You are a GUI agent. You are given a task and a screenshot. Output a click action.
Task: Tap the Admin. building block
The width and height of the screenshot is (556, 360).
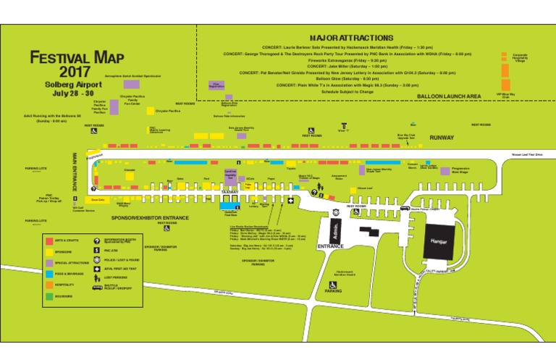(x=334, y=231)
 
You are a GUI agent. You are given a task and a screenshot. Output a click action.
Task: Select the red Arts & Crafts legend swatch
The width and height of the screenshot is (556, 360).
(x=49, y=240)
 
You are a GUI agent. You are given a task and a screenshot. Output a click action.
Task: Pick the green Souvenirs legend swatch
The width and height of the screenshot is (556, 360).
(x=49, y=296)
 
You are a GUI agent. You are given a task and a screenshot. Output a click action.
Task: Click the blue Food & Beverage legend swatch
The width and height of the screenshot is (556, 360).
(x=49, y=274)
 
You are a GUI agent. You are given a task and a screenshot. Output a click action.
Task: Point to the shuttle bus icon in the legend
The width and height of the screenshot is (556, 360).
(x=96, y=288)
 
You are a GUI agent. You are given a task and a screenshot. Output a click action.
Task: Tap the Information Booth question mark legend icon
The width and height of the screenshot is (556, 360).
(x=96, y=240)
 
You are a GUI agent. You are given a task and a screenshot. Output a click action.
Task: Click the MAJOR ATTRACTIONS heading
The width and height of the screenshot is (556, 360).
(x=351, y=38)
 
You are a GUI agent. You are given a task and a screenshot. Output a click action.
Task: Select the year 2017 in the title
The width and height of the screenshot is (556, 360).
(x=75, y=72)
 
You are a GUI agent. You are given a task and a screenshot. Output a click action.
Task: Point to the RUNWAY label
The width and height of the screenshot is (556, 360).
(x=442, y=137)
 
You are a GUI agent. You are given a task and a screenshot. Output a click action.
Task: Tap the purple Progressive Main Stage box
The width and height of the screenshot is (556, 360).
(x=445, y=170)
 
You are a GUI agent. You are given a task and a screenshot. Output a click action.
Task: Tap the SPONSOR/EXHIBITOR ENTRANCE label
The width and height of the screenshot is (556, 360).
(x=150, y=217)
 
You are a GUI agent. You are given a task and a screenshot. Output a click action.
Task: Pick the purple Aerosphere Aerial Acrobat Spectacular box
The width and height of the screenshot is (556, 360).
(x=131, y=84)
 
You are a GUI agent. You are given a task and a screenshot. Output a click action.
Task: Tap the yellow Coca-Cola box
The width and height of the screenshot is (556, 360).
(x=98, y=199)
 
